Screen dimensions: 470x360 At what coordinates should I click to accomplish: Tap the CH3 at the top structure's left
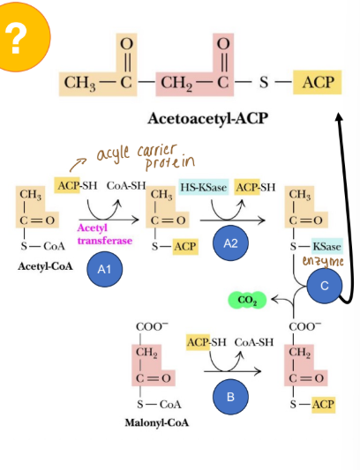point(77,83)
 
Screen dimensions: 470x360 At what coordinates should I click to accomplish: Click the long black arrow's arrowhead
point(340,117)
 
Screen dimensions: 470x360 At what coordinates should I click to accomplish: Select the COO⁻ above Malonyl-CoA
point(146,326)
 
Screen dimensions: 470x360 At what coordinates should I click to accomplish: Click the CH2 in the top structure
point(174,83)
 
